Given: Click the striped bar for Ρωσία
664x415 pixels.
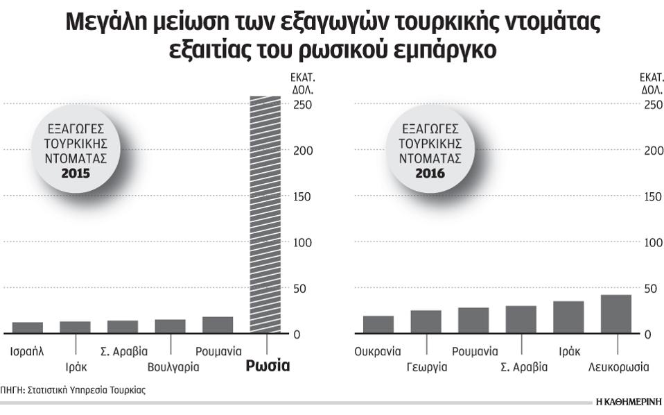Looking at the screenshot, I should [264, 215].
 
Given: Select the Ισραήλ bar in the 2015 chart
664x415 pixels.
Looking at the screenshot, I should [28, 328].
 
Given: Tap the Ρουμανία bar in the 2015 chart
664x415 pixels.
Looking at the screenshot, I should [217, 325].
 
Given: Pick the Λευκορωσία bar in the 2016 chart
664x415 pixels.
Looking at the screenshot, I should [616, 314].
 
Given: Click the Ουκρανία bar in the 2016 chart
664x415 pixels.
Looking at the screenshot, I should [378, 324].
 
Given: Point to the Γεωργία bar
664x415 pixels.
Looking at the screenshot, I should [426, 321].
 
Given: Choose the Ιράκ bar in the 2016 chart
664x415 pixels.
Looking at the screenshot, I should [568, 317].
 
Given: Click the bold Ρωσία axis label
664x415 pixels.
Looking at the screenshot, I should [268, 366].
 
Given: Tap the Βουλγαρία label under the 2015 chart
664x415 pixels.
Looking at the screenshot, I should [173, 367].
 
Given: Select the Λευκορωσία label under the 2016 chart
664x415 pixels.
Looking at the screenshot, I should [618, 367].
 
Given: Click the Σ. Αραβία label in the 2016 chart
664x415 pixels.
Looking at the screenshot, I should [524, 367].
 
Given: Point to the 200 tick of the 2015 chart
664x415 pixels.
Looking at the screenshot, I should [302, 151].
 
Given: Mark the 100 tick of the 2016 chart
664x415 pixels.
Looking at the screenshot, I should [653, 243].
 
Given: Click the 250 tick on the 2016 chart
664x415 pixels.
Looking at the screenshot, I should [653, 105].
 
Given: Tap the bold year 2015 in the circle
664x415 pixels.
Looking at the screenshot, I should [76, 172].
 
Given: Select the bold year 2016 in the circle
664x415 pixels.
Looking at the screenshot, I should [430, 172].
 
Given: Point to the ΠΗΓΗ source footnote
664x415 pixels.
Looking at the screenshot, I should [73, 390].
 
